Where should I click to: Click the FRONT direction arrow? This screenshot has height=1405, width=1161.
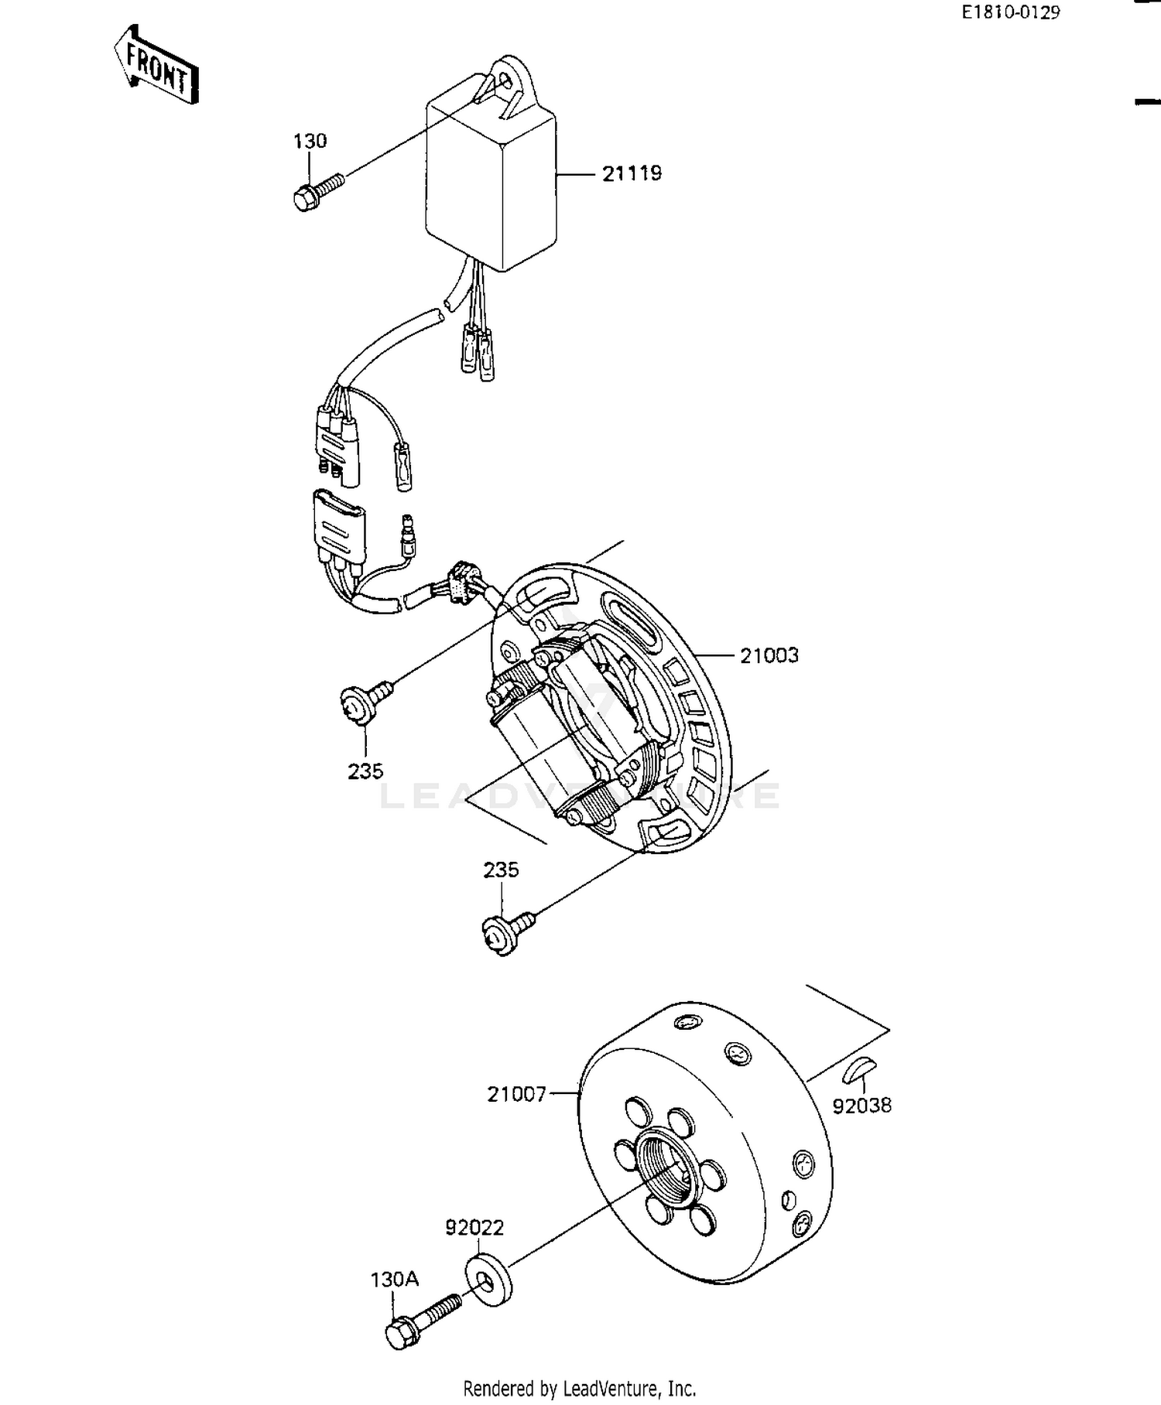point(157,67)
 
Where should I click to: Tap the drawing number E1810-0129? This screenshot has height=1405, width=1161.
point(1010,12)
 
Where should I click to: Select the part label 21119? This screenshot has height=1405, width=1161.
point(632,173)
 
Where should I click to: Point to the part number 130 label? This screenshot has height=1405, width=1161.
point(310,141)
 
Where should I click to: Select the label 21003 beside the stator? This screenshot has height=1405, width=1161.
point(769,655)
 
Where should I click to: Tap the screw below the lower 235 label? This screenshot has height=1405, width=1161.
point(505,931)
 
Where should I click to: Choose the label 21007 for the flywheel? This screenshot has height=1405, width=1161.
point(516,1094)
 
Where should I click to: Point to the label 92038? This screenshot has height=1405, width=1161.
point(861,1106)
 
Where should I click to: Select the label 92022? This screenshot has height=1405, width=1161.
point(474,1228)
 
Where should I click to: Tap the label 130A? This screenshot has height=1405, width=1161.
point(394,1280)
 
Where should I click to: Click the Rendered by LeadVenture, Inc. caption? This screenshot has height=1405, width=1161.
point(579,1388)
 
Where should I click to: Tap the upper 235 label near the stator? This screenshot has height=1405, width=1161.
point(365,771)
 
